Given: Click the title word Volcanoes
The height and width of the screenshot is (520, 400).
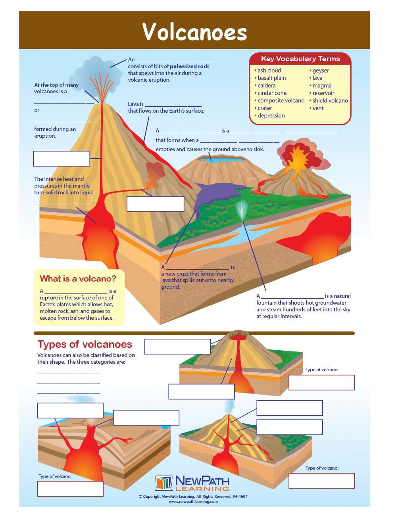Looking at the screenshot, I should (x=194, y=32).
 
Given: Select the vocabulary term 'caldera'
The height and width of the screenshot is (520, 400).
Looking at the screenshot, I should (x=266, y=86).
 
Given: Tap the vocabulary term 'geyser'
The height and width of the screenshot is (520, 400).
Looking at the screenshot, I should (x=321, y=71).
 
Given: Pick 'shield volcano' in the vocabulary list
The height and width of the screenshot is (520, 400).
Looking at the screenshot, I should (x=330, y=101).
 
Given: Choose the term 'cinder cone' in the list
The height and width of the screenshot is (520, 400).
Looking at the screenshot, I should (x=272, y=93).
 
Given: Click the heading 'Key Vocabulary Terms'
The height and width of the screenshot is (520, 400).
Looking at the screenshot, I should (x=300, y=59).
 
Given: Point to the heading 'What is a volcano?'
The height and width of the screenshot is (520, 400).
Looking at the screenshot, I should (x=78, y=279).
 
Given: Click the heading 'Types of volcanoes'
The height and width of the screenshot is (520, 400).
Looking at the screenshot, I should (x=85, y=344).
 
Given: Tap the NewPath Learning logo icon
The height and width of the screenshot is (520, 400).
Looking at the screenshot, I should (x=163, y=484).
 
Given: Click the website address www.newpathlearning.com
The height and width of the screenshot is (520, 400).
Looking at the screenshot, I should (x=193, y=502).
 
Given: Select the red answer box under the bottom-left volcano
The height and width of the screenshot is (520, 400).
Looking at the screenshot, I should (x=70, y=489).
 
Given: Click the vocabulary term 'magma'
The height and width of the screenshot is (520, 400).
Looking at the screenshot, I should (x=322, y=86).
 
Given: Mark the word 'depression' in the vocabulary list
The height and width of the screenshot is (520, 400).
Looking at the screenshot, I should (x=271, y=116).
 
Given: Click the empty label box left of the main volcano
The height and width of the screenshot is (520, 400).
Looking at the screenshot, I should (x=62, y=159).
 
